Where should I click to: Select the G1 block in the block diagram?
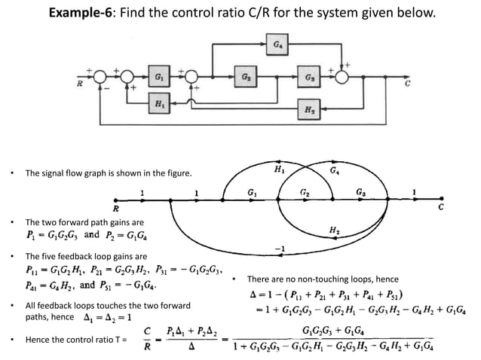[x=159, y=77]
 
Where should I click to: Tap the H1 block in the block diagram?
[x=159, y=103]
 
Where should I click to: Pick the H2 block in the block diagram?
[x=310, y=110]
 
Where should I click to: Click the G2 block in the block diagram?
[x=247, y=77]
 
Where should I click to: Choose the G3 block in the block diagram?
[x=310, y=77]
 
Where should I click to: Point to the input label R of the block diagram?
[x=80, y=84]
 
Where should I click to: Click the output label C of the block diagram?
[x=407, y=84]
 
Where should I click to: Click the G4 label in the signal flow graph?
[x=335, y=172]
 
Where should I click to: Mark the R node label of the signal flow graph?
[x=115, y=207]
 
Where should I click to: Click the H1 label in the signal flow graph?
[x=279, y=169]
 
